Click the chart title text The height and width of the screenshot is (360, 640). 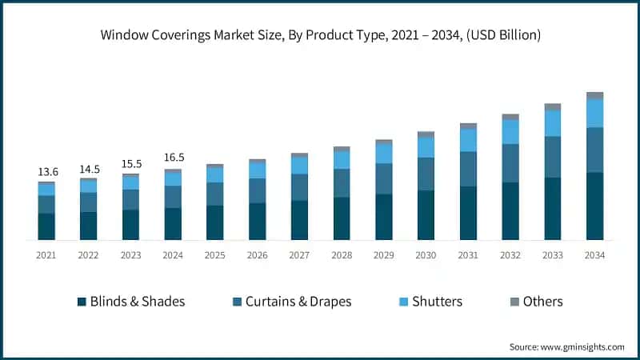pos(320,35)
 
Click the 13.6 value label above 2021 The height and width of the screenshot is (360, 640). pos(47,172)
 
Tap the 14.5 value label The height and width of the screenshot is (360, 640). pos(89,170)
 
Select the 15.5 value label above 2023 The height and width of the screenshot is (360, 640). pos(131,163)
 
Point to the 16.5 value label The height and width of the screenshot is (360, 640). pos(174,158)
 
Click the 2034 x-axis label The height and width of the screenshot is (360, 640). pos(594,255)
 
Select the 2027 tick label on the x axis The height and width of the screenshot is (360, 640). pos(299,255)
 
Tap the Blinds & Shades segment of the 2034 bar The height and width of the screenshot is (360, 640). pos(594,206)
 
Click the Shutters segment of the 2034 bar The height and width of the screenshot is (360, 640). pos(594,113)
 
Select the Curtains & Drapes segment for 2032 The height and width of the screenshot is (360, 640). pos(510,163)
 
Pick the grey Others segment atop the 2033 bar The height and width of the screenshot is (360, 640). pos(553,106)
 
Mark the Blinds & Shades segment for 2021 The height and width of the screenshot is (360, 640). pos(47,226)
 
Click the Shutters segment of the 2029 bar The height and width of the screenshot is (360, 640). pos(384,153)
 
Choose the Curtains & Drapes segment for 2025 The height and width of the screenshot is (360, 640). pos(215,194)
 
